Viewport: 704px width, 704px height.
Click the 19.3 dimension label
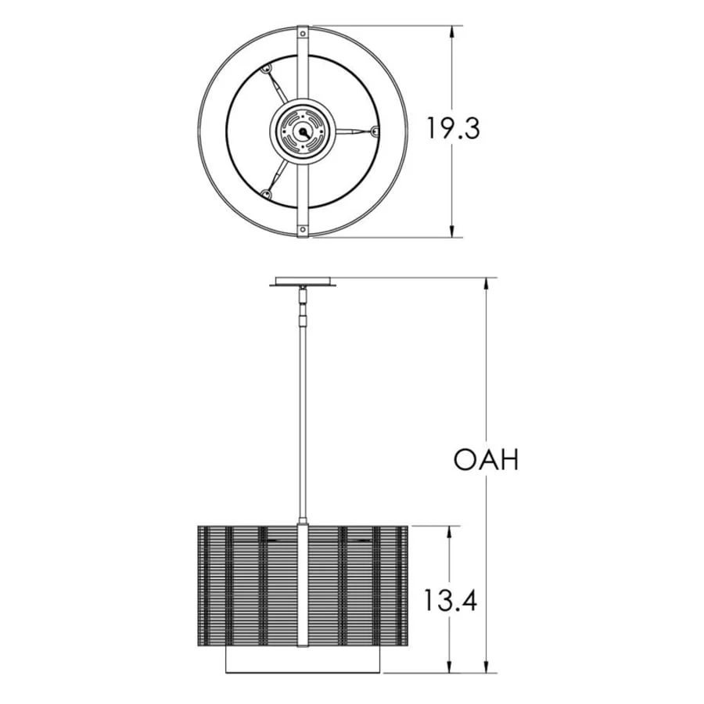pyautogui.click(x=453, y=128)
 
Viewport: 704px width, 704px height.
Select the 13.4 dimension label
pyautogui.click(x=451, y=600)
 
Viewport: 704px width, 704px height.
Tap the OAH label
pyautogui.click(x=487, y=459)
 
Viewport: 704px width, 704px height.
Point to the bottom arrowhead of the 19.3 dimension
pyautogui.click(x=452, y=229)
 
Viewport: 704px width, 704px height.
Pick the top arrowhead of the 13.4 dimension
pyautogui.click(x=451, y=533)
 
